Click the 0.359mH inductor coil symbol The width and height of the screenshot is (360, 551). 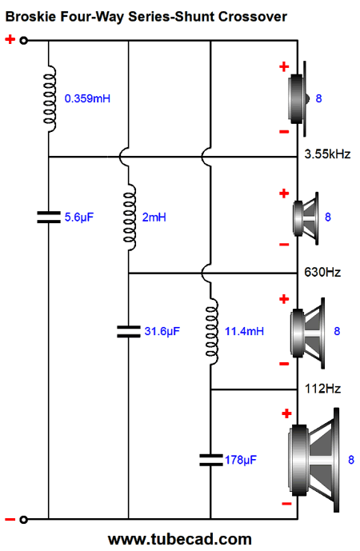pyautogui.click(x=50, y=98)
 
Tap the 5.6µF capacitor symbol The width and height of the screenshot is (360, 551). pyautogui.click(x=49, y=217)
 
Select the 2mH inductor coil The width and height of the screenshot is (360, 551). pyautogui.click(x=130, y=218)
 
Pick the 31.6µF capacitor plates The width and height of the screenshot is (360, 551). pyautogui.click(x=129, y=331)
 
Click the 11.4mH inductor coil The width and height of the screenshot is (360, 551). pyautogui.click(x=211, y=331)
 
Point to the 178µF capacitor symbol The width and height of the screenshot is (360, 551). pyautogui.click(x=211, y=460)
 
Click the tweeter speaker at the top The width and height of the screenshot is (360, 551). pyautogui.click(x=299, y=98)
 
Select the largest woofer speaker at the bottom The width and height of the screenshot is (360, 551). pyautogui.click(x=314, y=460)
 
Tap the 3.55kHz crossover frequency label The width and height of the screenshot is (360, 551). pyautogui.click(x=327, y=154)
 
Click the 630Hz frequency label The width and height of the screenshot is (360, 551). pyautogui.click(x=322, y=272)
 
